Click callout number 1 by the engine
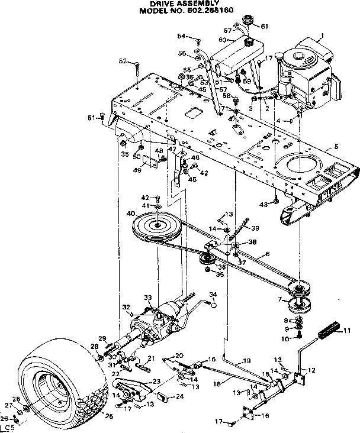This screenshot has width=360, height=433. point(322,36)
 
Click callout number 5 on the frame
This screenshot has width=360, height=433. point(336,146)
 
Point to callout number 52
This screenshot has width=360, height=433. point(123,61)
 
